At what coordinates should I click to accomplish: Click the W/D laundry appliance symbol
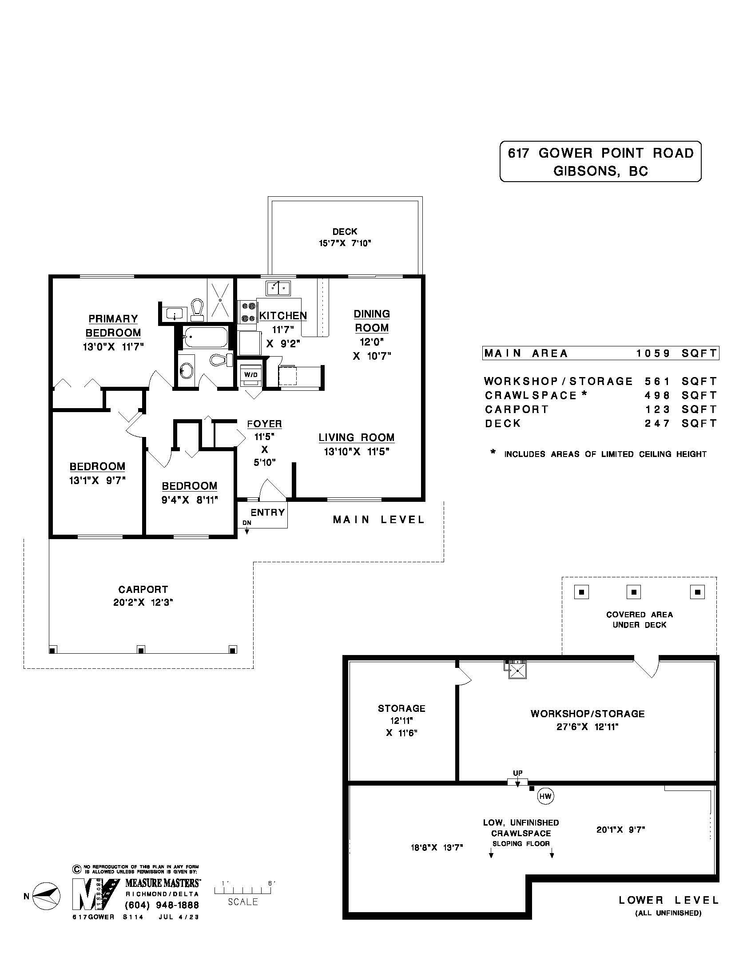[x=251, y=374]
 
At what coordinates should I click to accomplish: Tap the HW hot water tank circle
[x=545, y=796]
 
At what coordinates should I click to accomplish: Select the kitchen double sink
[x=278, y=288]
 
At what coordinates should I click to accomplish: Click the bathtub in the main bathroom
[x=205, y=338]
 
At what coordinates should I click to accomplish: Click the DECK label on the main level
[x=344, y=231]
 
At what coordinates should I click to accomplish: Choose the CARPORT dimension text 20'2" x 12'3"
[x=143, y=602]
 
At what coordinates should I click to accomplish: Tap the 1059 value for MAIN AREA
[x=653, y=353]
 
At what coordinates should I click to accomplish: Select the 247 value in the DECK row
[x=657, y=423]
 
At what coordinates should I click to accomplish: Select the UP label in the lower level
[x=517, y=773]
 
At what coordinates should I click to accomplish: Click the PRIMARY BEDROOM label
[x=113, y=326]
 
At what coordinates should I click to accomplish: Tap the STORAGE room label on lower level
[x=401, y=708]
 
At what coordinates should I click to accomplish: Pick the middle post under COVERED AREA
[x=633, y=592]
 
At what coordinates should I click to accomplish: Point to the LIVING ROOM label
[x=357, y=437]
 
